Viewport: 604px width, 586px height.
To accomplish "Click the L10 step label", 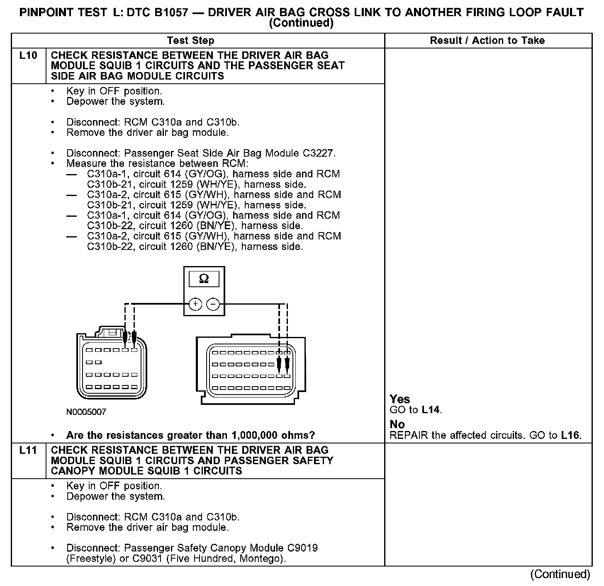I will [28, 56].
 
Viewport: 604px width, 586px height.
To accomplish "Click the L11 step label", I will [28, 450].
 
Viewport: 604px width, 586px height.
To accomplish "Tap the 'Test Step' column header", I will [190, 41].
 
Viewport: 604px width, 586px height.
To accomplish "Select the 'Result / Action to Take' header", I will [487, 41].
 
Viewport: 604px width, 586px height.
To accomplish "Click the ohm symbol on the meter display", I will [204, 279].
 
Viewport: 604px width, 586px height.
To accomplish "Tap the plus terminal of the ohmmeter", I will [195, 304].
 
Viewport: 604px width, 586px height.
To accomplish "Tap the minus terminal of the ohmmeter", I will [213, 304].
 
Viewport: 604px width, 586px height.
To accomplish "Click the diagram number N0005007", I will [86, 412].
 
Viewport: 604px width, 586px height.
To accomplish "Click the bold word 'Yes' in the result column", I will [400, 399].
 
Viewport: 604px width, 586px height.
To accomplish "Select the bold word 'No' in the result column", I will [397, 424].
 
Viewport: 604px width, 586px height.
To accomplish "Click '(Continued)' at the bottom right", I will [560, 574].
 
